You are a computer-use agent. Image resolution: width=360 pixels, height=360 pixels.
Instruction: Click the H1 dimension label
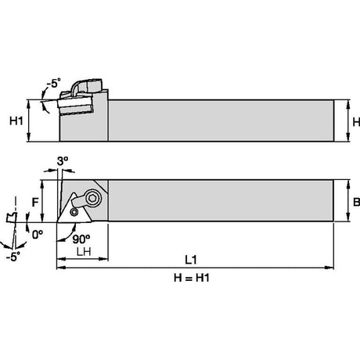(16, 121)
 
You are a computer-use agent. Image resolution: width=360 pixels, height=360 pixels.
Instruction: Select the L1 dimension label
(191, 260)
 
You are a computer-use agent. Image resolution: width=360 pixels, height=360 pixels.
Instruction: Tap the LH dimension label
(84, 251)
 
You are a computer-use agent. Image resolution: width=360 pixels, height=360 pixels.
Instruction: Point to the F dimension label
(35, 203)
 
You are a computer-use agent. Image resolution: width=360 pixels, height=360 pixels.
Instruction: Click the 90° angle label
(81, 239)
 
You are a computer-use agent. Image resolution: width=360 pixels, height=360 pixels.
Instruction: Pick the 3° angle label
(63, 161)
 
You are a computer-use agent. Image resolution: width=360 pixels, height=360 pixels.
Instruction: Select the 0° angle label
(38, 235)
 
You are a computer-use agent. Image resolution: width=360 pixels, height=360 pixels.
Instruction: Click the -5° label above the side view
(53, 83)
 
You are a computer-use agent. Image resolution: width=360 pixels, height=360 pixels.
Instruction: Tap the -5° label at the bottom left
(13, 257)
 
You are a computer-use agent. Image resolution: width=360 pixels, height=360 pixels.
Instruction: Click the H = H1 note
(192, 278)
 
